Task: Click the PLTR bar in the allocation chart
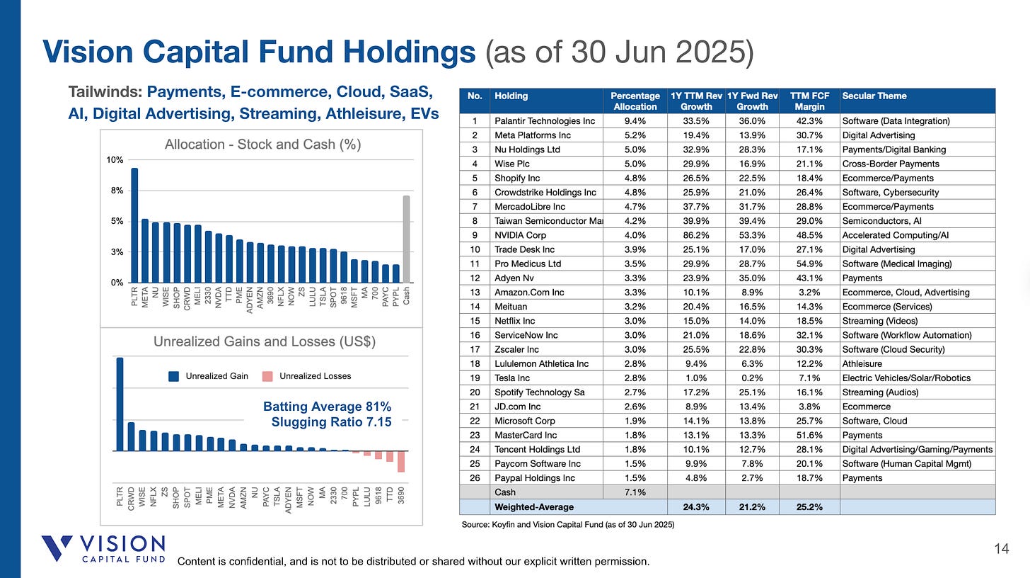[x=134, y=225]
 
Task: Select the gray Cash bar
[x=406, y=239]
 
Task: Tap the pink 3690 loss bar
[x=400, y=461]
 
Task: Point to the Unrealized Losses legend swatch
[x=272, y=376]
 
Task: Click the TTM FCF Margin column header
[x=809, y=101]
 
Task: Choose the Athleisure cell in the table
[x=861, y=363]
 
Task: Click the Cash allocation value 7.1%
[x=635, y=492]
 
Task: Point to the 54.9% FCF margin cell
[x=809, y=263]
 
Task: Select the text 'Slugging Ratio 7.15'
[x=331, y=422]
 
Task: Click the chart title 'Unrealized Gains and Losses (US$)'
[x=264, y=341]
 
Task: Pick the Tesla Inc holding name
[x=515, y=378]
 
